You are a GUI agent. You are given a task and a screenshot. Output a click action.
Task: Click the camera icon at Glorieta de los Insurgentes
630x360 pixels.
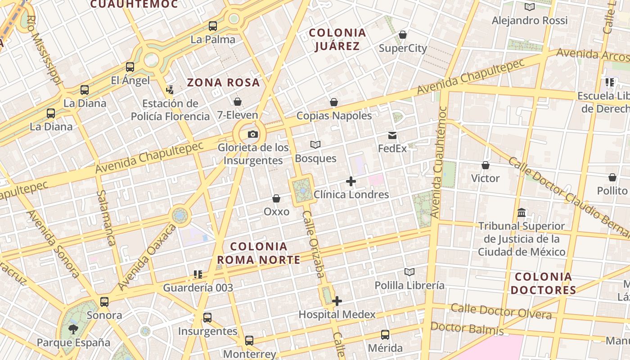point(253,134)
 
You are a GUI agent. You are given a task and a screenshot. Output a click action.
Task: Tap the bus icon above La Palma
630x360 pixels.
point(213,26)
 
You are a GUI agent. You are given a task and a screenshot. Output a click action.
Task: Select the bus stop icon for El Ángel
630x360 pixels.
point(130,67)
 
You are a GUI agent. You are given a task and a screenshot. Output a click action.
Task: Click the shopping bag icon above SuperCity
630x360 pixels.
point(403,35)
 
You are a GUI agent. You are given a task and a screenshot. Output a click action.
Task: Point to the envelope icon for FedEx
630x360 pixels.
point(392,135)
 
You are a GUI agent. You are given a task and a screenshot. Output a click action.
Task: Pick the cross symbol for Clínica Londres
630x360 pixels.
point(351,182)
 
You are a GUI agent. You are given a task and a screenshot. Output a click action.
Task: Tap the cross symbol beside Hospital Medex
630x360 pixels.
point(337,301)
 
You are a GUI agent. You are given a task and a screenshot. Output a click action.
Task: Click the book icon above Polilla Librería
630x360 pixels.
point(409,272)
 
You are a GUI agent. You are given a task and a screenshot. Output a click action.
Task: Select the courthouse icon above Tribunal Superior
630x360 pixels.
point(522,212)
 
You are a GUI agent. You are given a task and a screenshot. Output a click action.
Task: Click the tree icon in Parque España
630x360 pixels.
point(73,329)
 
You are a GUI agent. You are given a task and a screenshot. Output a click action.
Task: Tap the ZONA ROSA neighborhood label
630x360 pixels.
point(223,83)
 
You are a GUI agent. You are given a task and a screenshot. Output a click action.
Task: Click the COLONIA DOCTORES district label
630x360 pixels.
point(543,283)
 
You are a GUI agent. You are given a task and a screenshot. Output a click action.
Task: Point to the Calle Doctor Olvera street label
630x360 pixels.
point(501,311)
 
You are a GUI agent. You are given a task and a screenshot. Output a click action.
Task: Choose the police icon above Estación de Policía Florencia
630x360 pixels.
point(170,90)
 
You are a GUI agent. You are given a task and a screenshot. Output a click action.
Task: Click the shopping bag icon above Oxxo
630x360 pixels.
point(276,198)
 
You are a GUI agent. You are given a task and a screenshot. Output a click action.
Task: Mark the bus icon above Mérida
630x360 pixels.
point(385,334)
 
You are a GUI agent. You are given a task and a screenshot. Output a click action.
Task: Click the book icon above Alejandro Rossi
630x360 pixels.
point(530,7)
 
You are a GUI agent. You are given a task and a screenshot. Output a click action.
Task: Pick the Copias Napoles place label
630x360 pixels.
point(334,116)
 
